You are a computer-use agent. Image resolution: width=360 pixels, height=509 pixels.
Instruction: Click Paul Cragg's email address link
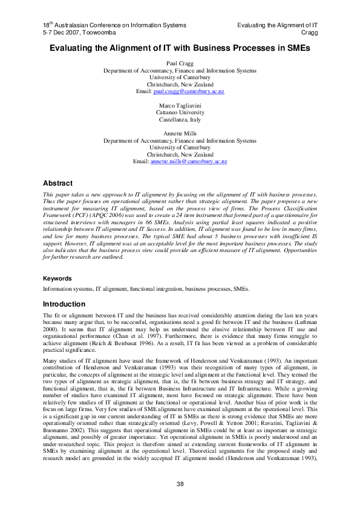189,91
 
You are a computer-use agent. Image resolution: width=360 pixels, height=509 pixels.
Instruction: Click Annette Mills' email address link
188,162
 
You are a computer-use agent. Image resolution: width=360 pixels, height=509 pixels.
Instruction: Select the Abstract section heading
58,183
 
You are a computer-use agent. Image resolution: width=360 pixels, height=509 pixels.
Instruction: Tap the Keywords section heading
57,279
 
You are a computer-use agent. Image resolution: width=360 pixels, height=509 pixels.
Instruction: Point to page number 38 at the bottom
180,483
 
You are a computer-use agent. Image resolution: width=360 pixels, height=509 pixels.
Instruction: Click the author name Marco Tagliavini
180,105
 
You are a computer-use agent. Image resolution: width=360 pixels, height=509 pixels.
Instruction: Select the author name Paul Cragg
180,63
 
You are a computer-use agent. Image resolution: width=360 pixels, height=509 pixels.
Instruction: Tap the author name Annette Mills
180,133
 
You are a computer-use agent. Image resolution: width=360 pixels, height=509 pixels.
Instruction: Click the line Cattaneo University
180,112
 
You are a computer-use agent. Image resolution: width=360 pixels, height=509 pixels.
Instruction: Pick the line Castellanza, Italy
180,119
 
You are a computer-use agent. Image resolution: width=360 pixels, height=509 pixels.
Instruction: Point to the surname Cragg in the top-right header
310,31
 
